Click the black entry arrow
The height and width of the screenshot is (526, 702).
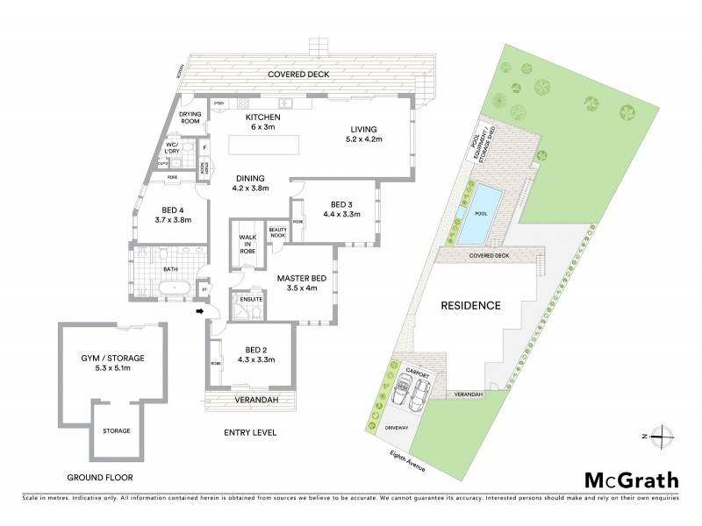click(x=199, y=311)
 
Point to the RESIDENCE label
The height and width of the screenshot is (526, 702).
click(x=470, y=306)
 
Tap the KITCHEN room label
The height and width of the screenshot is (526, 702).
click(x=262, y=117)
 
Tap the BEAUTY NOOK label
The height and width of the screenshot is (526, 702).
click(x=279, y=232)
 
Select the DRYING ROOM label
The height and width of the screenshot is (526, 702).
click(x=191, y=117)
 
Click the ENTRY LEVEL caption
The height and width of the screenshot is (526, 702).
click(x=251, y=433)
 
